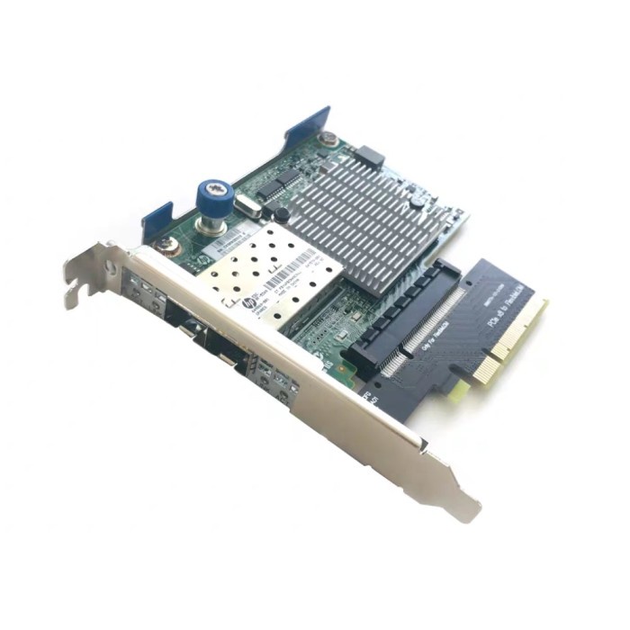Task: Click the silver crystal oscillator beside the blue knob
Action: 247,211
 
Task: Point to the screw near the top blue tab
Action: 329,139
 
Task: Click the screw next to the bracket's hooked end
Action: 166,245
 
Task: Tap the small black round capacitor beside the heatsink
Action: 281,214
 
